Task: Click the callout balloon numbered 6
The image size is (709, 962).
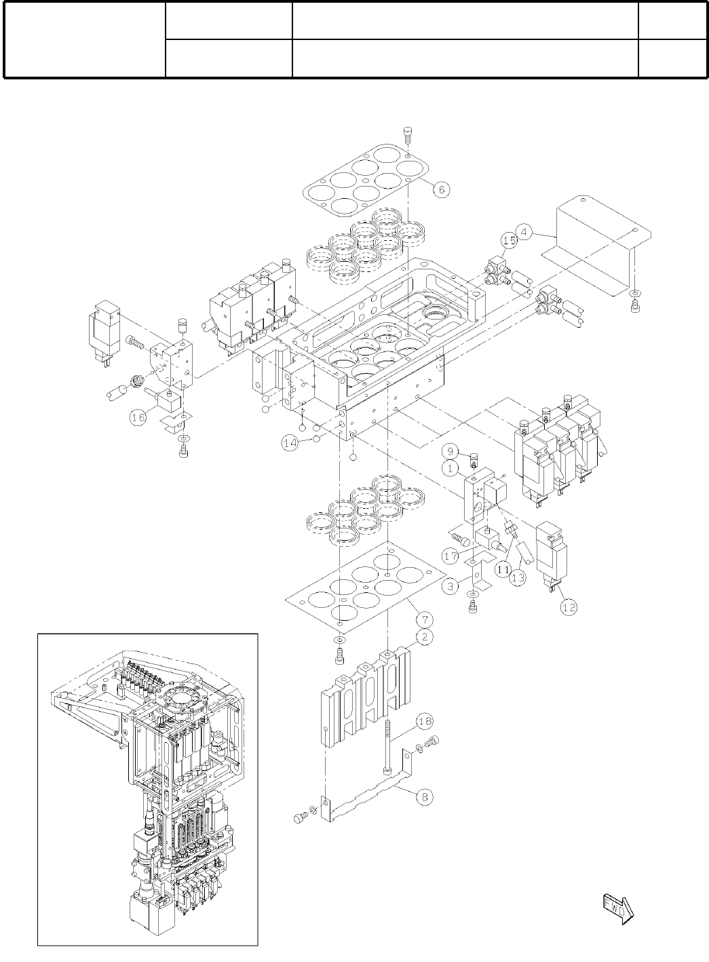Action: (441, 190)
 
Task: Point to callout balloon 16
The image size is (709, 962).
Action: (138, 418)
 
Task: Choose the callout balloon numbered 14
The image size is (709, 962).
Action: (291, 443)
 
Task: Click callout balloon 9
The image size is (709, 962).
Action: (448, 451)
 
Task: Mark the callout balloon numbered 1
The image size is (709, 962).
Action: (448, 467)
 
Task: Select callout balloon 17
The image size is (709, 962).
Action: (451, 556)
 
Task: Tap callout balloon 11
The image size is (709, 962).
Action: (502, 569)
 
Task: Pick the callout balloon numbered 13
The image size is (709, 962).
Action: (518, 579)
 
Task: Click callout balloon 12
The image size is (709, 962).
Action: (569, 607)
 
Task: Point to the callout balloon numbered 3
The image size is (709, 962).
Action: (451, 587)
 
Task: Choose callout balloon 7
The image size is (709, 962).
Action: (424, 619)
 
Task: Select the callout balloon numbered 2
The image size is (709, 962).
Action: (424, 636)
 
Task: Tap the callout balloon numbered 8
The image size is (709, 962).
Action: (424, 797)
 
